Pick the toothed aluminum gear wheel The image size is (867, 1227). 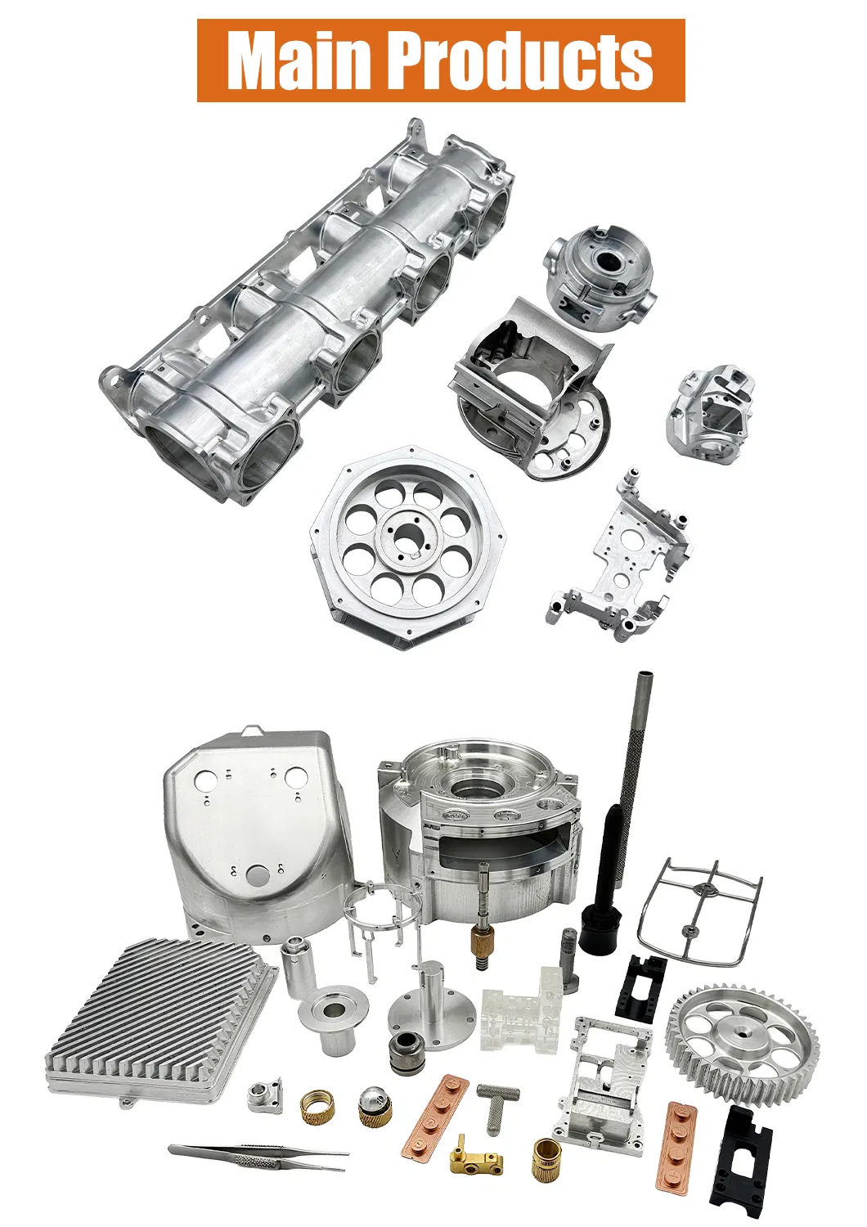point(743,1046)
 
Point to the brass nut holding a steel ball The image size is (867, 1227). point(375,1106)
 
